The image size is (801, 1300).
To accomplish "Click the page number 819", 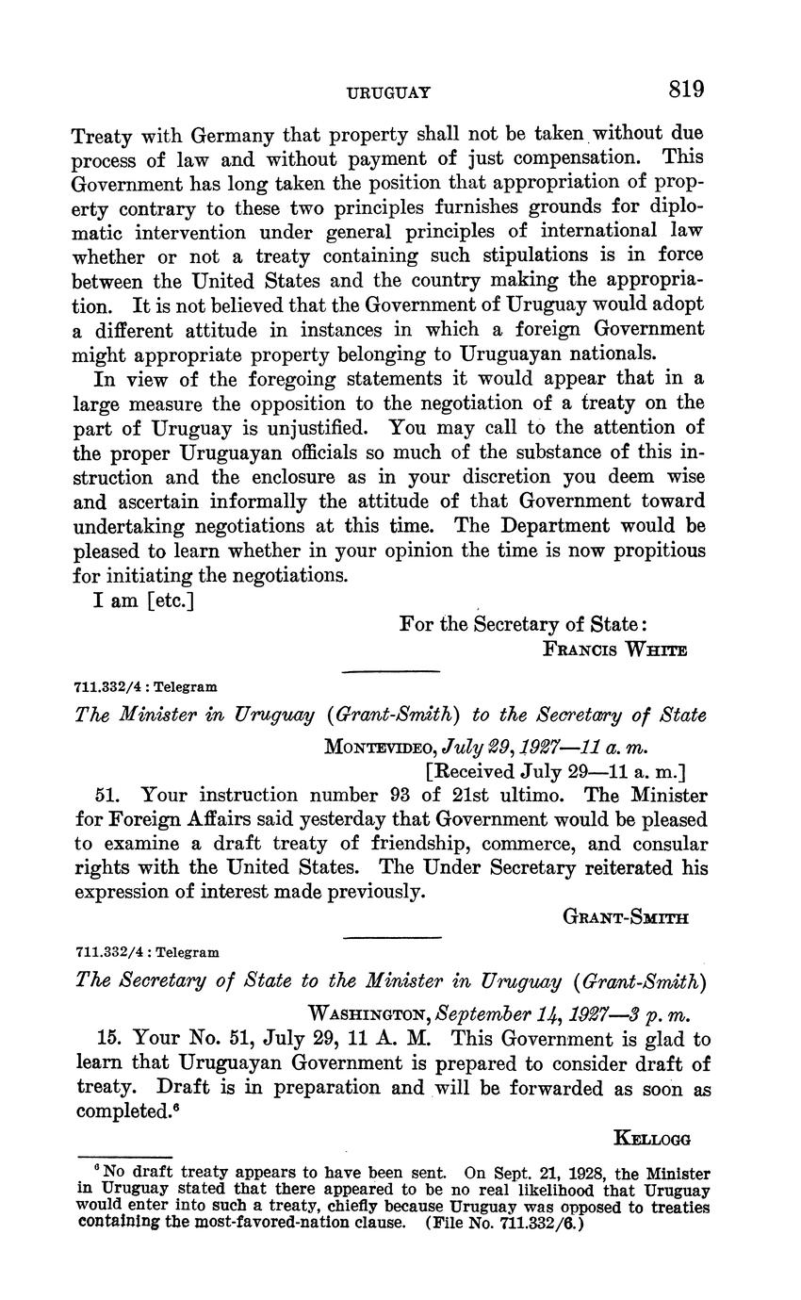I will (686, 91).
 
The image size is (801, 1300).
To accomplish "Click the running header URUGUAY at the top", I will (389, 92).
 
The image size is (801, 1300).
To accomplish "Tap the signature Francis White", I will (615, 650).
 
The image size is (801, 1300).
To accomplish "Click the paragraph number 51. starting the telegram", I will (109, 795).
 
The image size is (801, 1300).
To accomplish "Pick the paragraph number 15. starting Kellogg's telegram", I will (110, 1039).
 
